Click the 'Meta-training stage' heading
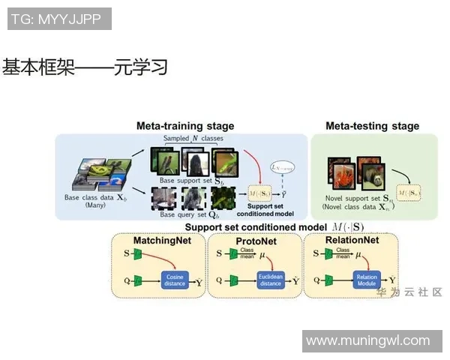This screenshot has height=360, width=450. (x=184, y=126)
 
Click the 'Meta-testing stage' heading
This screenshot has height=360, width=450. (x=372, y=126)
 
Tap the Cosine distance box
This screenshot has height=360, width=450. (x=174, y=281)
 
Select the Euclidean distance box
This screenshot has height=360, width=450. (x=269, y=281)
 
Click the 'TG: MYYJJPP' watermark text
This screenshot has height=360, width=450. (x=58, y=19)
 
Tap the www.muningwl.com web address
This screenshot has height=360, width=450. (x=372, y=341)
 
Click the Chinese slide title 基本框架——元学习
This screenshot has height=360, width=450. (x=84, y=68)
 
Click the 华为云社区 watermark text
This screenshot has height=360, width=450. (x=409, y=292)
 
